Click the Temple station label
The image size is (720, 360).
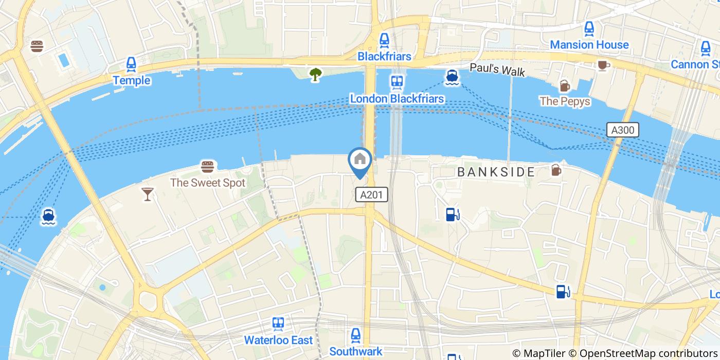(132, 80)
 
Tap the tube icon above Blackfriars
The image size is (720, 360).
(384, 40)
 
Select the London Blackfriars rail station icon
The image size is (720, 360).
(397, 82)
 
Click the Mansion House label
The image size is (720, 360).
(589, 45)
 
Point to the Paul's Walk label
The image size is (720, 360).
(497, 70)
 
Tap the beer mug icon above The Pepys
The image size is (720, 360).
(565, 85)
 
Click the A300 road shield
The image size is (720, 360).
(622, 130)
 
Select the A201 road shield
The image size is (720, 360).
(371, 194)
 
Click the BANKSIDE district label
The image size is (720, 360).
(496, 172)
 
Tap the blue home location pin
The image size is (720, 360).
(360, 160)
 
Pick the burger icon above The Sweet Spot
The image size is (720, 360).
(207, 167)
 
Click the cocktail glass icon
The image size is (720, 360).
(148, 193)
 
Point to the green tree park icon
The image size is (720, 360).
(315, 75)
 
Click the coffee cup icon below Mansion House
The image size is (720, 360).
(603, 65)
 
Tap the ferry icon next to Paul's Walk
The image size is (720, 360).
(452, 77)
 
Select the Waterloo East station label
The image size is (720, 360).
(278, 340)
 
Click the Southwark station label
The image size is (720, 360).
(356, 352)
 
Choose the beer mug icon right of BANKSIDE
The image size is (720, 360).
(556, 170)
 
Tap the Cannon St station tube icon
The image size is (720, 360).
(706, 48)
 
